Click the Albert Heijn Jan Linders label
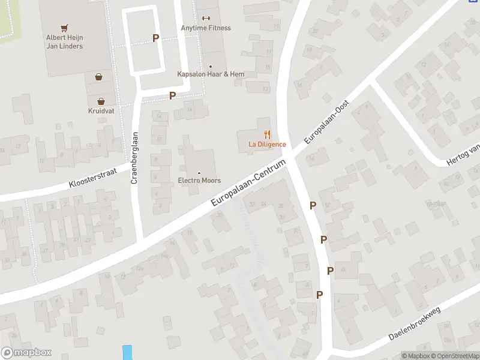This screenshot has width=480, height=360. [64, 42]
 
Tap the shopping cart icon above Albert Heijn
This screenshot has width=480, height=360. [64, 28]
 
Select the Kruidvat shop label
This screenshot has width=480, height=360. [101, 111]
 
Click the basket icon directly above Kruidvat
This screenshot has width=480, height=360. [101, 101]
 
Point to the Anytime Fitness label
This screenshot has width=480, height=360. [206, 28]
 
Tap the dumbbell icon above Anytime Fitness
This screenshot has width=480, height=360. [206, 18]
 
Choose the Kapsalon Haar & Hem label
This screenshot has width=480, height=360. [211, 74]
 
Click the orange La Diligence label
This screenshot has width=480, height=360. [267, 145]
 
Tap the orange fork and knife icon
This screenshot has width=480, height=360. [267, 135]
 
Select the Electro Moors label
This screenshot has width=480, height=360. [199, 181]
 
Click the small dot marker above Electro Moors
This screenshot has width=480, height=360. [199, 173]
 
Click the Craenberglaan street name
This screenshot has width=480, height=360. [135, 158]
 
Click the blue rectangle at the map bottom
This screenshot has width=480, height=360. [127, 352]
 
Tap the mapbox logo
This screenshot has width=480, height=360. [26, 353]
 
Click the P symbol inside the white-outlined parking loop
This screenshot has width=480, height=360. [155, 38]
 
